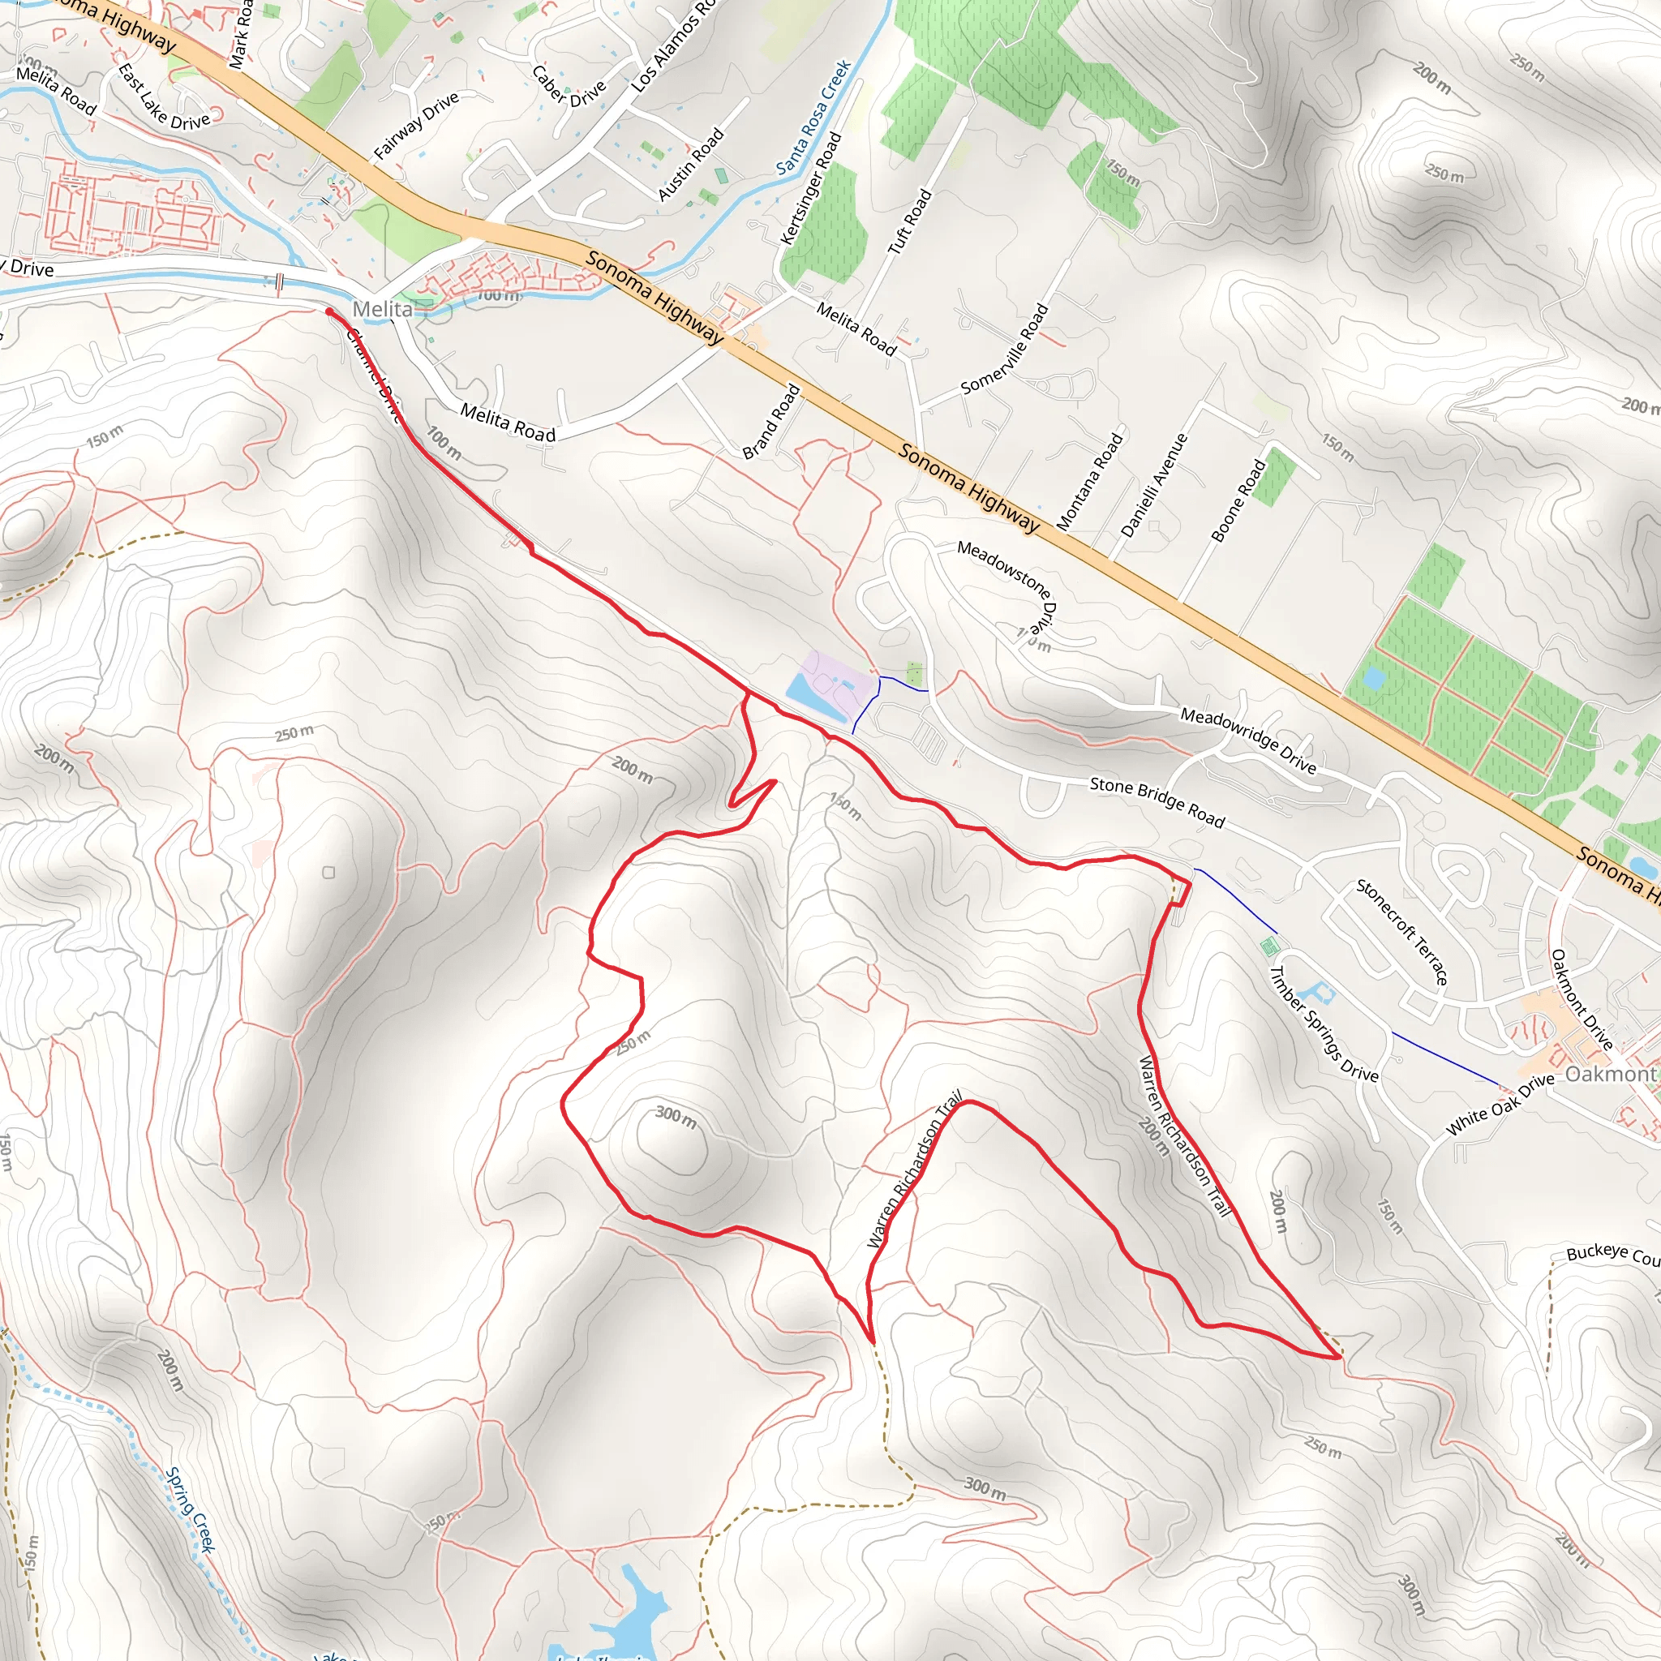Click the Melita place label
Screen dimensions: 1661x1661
(382, 309)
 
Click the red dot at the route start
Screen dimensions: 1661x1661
(329, 312)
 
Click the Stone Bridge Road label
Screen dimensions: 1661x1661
(1157, 801)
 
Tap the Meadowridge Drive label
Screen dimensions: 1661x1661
(1247, 740)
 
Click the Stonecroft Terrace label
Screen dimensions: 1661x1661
(1401, 931)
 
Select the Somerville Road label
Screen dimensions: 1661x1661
(1005, 348)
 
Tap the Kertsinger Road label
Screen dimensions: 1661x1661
(810, 188)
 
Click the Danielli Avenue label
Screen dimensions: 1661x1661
(1154, 486)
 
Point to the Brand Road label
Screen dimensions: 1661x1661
(771, 421)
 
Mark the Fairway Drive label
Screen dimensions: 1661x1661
(416, 127)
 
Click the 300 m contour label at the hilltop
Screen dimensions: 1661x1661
(676, 1117)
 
